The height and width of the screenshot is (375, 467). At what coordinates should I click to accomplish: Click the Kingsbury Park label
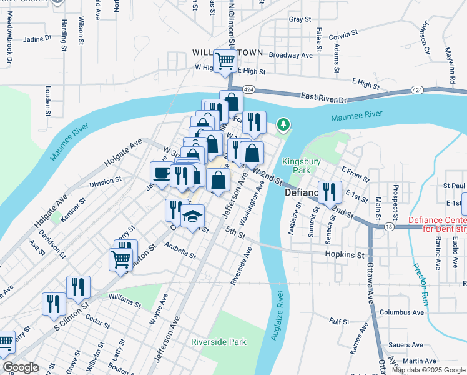click(301, 165)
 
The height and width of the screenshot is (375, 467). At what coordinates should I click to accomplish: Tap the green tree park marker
click(283, 125)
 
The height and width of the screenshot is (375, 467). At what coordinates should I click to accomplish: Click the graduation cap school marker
click(192, 216)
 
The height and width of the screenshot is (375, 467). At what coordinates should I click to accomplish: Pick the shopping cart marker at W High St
click(225, 61)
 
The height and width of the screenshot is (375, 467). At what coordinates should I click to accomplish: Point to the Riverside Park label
click(219, 342)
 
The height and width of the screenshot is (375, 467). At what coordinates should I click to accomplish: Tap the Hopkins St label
click(344, 255)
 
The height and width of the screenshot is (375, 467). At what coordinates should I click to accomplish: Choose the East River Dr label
click(323, 99)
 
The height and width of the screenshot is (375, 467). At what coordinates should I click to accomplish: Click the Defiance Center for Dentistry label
click(437, 224)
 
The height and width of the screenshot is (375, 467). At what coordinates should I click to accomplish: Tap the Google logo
click(21, 367)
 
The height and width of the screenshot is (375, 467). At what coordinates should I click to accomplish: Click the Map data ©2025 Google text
click(428, 370)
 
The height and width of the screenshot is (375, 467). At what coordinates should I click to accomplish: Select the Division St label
click(105, 182)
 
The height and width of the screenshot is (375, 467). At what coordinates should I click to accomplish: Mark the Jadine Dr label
click(37, 39)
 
